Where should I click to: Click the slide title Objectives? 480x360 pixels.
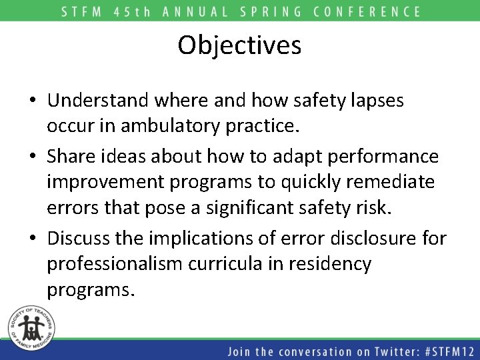pyautogui.click(x=239, y=45)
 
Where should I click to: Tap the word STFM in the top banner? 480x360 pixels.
pyautogui.click(x=84, y=11)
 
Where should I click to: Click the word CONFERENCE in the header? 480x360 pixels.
pyautogui.click(x=367, y=11)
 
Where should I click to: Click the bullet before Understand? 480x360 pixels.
pyautogui.click(x=32, y=101)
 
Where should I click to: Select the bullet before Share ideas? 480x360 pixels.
pyautogui.click(x=32, y=157)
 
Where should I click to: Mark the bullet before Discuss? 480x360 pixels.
pyautogui.click(x=32, y=237)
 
